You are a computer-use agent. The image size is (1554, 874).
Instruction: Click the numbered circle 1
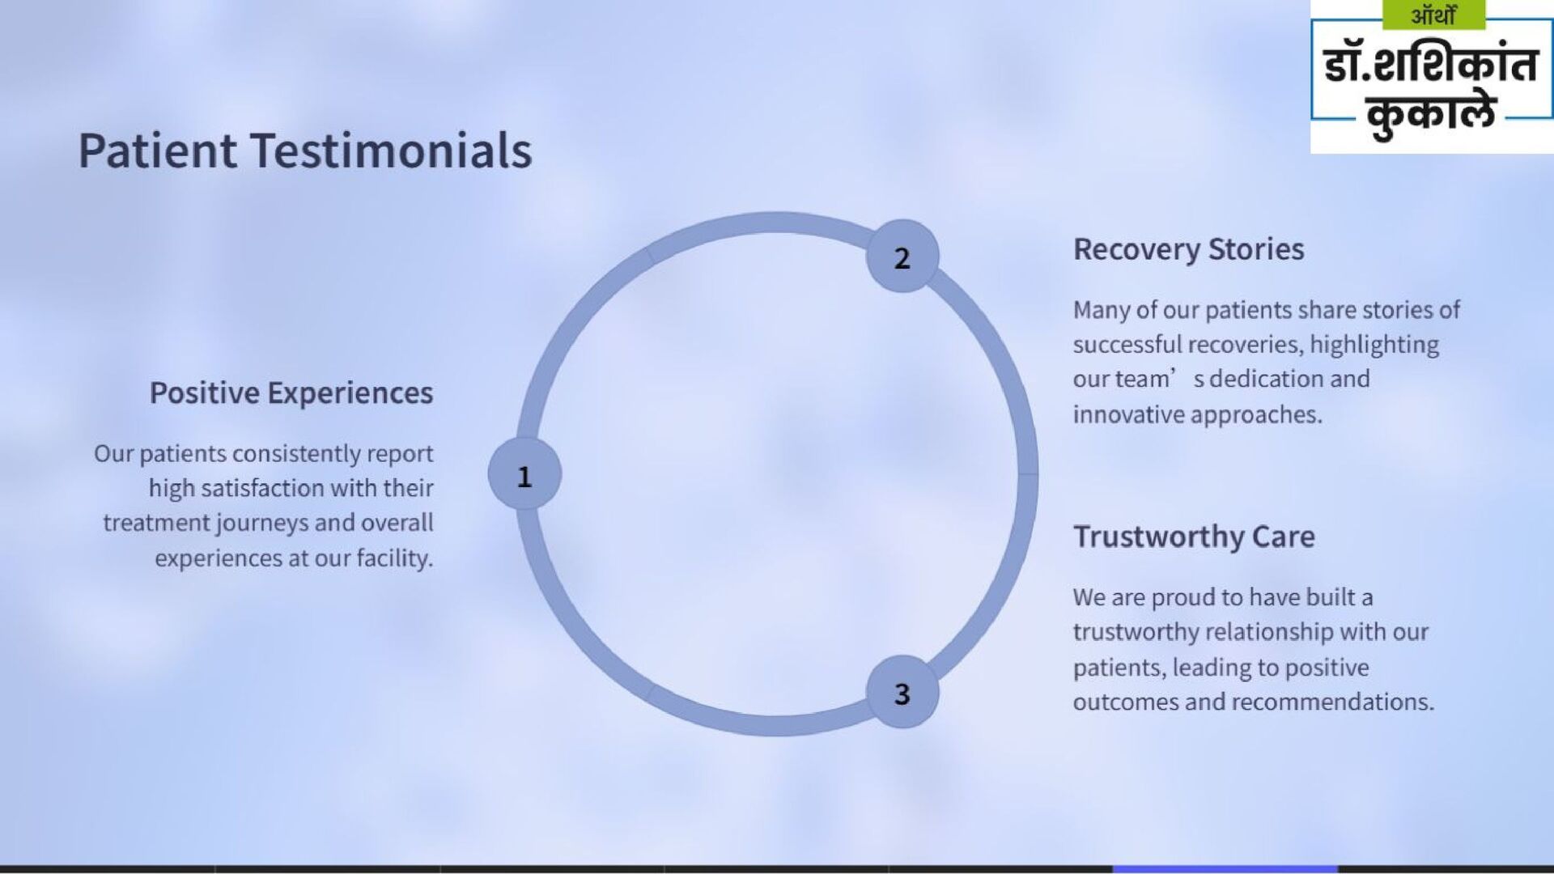coord(524,475)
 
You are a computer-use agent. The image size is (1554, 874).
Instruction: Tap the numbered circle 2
coord(902,257)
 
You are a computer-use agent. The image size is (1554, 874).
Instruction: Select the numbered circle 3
coord(902,693)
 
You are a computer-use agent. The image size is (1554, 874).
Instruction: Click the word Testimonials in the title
coord(391,151)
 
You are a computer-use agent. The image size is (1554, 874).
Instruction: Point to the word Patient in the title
coord(157,151)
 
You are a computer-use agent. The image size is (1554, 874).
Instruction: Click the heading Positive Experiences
coord(291,392)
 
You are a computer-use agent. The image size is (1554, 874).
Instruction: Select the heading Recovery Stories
coord(1188,249)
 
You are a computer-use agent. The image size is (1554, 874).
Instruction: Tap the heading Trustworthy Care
coord(1194,537)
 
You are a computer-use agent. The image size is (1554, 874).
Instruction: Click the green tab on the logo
coord(1433,15)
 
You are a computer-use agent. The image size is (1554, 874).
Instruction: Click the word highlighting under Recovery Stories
coord(1374,345)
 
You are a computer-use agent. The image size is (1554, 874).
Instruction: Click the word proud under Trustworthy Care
coord(1175,597)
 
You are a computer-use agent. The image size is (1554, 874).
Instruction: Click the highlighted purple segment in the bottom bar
coord(1225,869)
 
